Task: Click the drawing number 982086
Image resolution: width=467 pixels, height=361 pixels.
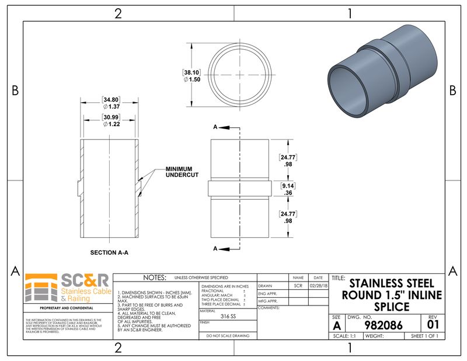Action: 383,325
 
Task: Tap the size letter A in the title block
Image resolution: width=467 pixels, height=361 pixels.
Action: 336,325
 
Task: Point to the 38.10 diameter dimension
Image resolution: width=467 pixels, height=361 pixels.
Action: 191,75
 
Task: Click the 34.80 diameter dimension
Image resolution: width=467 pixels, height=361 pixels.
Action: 111,103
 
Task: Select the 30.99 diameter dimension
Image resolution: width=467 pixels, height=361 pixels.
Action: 111,121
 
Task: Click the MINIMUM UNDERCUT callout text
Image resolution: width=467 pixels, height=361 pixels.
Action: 182,172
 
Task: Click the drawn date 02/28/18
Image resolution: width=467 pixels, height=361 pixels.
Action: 318,286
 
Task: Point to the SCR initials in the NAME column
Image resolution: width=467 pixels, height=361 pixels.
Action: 298,286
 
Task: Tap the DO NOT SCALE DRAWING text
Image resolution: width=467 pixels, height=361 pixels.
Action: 228,336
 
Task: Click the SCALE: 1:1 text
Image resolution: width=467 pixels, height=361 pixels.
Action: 345,336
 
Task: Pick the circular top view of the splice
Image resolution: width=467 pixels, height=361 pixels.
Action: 239,75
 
